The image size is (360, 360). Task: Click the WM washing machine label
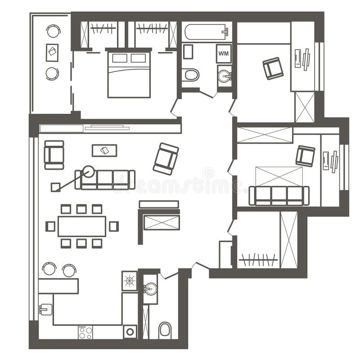click(x=224, y=54)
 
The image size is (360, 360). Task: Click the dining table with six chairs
click(x=82, y=226)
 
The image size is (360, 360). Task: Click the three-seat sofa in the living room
click(x=105, y=180)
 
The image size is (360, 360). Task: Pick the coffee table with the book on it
click(x=104, y=150)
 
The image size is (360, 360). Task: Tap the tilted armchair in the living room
click(x=166, y=158)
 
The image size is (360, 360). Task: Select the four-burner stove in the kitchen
click(x=85, y=332)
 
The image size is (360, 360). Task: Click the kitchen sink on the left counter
click(x=45, y=309)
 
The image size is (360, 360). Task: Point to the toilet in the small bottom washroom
click(x=165, y=330)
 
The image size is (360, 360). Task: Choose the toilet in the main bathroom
click(x=191, y=75)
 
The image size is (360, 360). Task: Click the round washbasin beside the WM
click(x=224, y=76)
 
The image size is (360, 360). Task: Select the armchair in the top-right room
click(x=273, y=68)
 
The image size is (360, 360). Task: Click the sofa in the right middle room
click(x=279, y=196)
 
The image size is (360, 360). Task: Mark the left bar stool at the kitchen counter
click(x=49, y=269)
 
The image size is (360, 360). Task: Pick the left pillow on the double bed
click(x=120, y=58)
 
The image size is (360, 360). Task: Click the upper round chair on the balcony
click(x=53, y=31)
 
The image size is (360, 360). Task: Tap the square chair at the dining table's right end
click(x=114, y=226)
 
